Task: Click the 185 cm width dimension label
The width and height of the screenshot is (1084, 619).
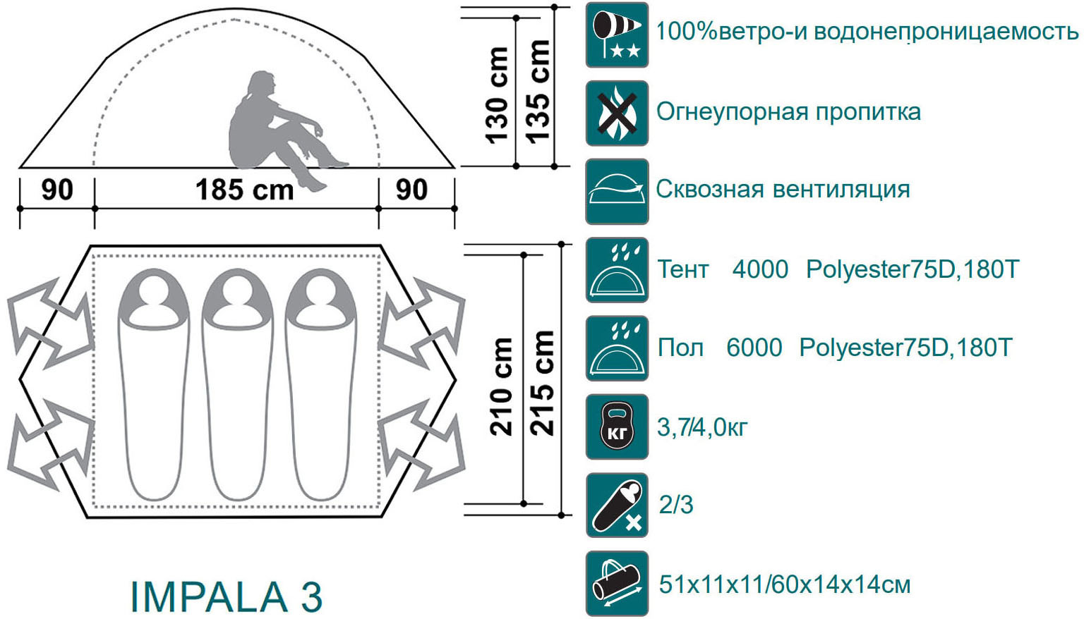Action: (244, 190)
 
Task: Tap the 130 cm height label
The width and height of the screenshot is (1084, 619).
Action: (497, 95)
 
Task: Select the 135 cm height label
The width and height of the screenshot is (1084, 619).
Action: (538, 92)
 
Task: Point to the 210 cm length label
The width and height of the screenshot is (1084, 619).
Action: (501, 387)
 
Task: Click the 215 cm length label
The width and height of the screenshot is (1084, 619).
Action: (542, 384)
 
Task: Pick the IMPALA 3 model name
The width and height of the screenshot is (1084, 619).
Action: (227, 597)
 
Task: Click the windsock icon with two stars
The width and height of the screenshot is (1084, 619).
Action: (617, 35)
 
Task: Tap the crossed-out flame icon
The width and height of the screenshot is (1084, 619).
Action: (617, 114)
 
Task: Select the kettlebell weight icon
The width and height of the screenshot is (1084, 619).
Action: (617, 427)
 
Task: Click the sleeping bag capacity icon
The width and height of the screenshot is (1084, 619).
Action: (617, 505)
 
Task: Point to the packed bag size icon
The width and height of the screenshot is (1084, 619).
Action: (617, 584)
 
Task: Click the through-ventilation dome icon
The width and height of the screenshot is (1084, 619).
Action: (617, 192)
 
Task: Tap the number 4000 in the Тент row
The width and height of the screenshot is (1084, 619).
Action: (760, 269)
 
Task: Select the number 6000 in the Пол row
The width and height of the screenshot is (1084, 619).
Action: (754, 348)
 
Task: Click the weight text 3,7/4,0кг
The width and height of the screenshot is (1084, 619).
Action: (702, 427)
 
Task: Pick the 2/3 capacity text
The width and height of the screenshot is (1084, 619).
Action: (676, 505)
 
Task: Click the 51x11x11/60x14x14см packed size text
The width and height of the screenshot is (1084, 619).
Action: (785, 584)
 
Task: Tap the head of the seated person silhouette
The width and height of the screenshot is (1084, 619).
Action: (261, 85)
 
